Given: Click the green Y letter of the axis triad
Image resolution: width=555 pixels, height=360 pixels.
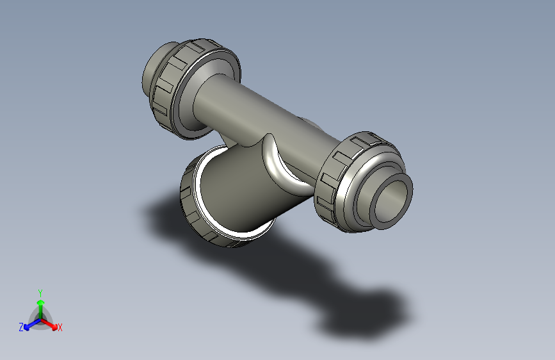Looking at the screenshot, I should pyautogui.click(x=40, y=291).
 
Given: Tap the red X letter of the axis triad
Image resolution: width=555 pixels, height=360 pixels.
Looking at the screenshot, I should pyautogui.click(x=60, y=328).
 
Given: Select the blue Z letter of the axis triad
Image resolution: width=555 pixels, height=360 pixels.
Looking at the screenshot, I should pyautogui.click(x=21, y=327).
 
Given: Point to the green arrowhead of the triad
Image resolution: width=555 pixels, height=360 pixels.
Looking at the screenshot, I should pyautogui.click(x=40, y=302).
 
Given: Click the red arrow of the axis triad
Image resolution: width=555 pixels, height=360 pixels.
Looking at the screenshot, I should pyautogui.click(x=51, y=323).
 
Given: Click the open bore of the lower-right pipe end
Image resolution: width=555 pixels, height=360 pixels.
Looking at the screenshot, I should pyautogui.click(x=392, y=200).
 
